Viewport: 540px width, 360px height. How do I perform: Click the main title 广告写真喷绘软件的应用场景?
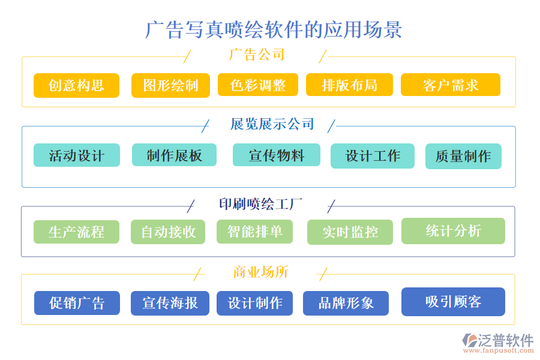pos(274,29)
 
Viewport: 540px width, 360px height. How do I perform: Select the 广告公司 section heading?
pos(257,55)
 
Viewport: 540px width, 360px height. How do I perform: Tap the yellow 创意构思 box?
pos(76,85)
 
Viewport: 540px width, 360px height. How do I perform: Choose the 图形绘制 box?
pos(170,85)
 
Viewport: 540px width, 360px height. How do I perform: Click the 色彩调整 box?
pos(258,85)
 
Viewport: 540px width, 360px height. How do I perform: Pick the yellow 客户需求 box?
pos(451,85)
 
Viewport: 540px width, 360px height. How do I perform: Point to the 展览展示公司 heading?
pos(272,124)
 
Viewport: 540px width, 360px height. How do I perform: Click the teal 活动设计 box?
pos(76,156)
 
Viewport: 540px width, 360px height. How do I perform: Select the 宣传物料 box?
pos(277,155)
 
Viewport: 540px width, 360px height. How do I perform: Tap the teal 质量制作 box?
pos(463,156)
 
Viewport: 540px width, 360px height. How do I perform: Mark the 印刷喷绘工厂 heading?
pos(260,204)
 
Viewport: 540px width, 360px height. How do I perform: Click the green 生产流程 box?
pos(76,232)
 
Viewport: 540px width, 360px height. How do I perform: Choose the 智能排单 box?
pos(254,232)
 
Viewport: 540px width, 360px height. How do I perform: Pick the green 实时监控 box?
pos(350,232)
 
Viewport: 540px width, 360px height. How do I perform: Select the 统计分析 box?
pos(453,231)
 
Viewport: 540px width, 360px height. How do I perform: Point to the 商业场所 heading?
pos(261,272)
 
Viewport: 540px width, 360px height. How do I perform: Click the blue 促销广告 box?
pos(77,303)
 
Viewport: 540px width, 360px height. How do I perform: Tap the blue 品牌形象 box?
pos(346,303)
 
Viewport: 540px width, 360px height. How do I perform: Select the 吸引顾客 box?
pos(453,302)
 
